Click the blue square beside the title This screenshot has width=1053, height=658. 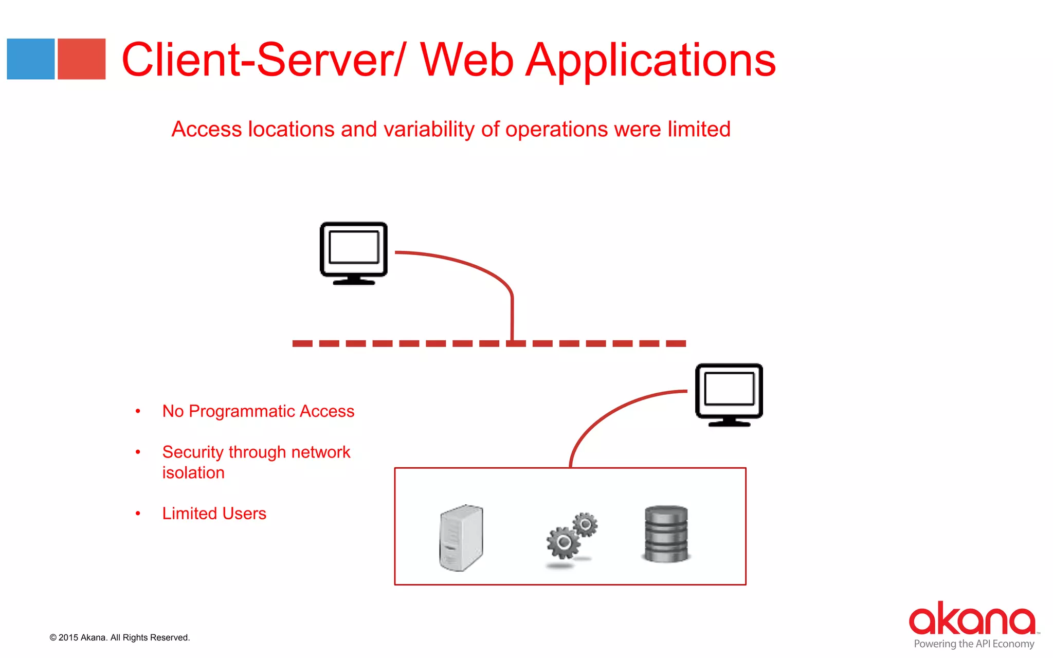(30, 59)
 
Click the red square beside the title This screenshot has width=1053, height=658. (81, 59)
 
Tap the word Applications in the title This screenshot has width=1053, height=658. (651, 61)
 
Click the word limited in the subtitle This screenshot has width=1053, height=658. (699, 129)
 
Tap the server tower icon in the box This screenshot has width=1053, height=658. (461, 537)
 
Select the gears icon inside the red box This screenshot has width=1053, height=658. (571, 537)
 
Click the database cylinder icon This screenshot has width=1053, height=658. (666, 534)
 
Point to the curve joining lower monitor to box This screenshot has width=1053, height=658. (607, 416)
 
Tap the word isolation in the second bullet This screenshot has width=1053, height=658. (193, 473)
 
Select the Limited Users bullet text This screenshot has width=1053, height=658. (214, 514)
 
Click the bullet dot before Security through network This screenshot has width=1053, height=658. (138, 452)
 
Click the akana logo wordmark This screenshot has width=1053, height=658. (971, 619)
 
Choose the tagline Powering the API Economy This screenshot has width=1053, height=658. (974, 644)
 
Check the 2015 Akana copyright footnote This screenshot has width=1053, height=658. (120, 637)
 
